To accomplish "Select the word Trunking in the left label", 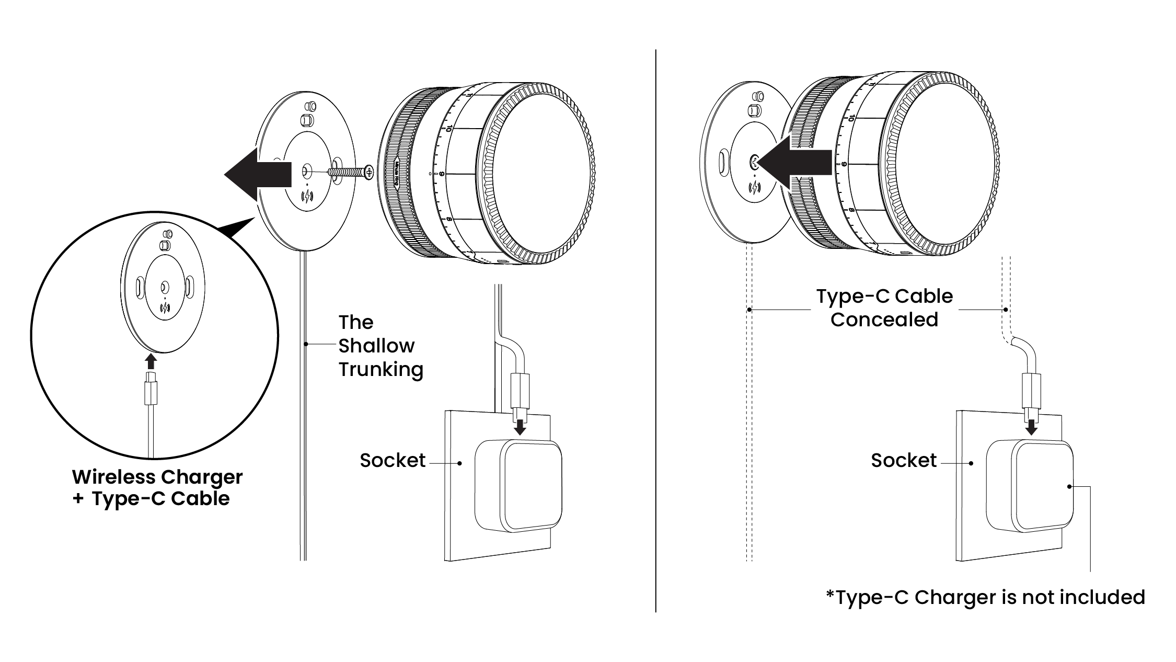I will [x=381, y=369].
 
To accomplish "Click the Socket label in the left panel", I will [x=393, y=460].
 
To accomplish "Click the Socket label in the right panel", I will [x=904, y=460].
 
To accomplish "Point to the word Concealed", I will [x=884, y=319].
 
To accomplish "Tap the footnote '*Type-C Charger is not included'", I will [x=985, y=597].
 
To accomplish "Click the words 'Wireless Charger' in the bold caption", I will [x=157, y=477].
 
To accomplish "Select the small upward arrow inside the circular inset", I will [x=151, y=361].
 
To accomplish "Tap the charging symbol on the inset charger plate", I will [x=166, y=308].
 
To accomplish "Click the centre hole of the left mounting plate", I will [x=306, y=170].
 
